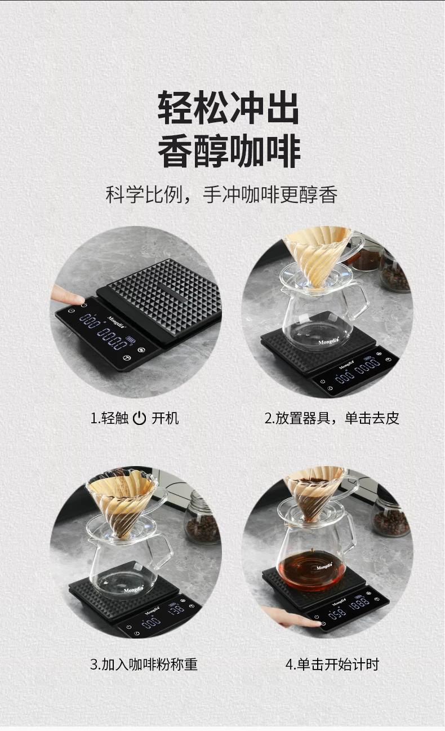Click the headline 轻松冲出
(x=228, y=108)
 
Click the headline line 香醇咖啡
(x=229, y=151)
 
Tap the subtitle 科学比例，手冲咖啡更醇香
(x=221, y=195)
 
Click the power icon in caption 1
(x=139, y=418)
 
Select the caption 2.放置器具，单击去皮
(x=332, y=418)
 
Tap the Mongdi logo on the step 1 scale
(x=117, y=322)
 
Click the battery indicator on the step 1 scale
(x=131, y=339)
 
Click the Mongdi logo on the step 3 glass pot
(x=133, y=590)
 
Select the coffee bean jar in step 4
(x=391, y=517)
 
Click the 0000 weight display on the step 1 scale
(x=113, y=339)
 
